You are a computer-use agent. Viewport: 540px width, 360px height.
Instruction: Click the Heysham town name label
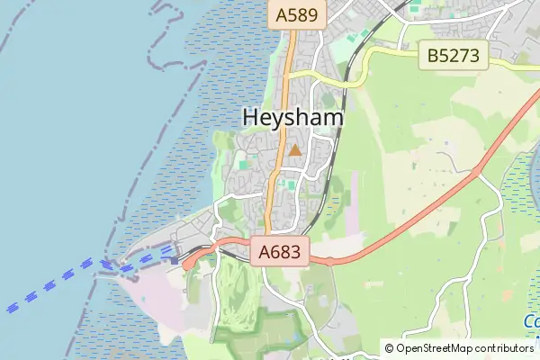(x=293, y=118)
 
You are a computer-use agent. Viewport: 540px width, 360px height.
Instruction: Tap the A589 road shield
(x=295, y=14)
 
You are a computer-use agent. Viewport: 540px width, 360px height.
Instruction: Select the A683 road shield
(x=281, y=253)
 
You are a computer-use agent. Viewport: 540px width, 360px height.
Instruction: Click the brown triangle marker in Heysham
(x=294, y=149)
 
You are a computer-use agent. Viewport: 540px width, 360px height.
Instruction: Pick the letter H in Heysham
(x=251, y=118)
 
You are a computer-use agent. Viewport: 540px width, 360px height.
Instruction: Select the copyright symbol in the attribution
(x=389, y=348)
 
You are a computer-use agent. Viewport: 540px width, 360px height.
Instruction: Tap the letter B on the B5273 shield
(x=434, y=56)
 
